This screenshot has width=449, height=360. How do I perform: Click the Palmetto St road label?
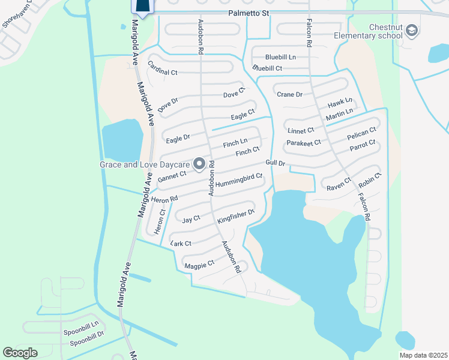point(248,12)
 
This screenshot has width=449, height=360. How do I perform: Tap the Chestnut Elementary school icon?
point(412,30)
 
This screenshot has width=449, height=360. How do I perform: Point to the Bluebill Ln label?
point(282,57)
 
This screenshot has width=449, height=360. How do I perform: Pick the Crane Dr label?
point(289,94)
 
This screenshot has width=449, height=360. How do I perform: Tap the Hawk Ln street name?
point(340,101)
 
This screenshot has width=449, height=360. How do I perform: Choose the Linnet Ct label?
point(301,130)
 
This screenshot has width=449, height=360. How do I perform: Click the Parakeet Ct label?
point(303,143)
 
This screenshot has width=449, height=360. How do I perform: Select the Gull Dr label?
point(275,163)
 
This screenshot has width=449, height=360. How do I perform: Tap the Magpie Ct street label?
point(199,264)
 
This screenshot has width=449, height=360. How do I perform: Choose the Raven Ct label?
point(339,184)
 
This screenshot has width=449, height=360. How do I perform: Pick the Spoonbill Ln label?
point(81,331)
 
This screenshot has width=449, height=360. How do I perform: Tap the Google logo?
point(20,352)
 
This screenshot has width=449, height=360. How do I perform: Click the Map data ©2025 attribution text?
point(422,355)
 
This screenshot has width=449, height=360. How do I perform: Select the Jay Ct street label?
point(191,220)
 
